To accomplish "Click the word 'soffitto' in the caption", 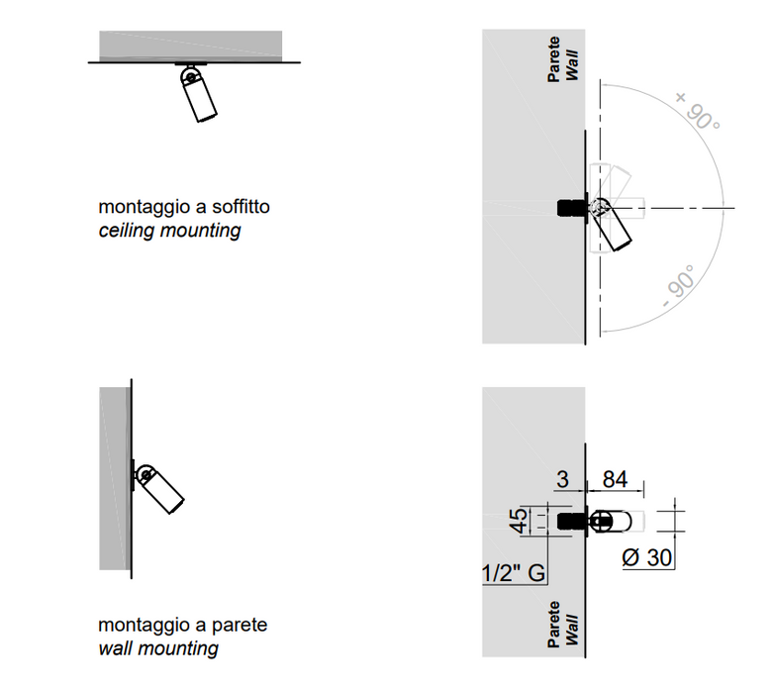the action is [241, 206].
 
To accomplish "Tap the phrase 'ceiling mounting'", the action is [170, 231].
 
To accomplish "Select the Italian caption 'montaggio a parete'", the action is [183, 625].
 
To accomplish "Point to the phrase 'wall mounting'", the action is [158, 648].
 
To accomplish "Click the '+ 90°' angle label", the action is [698, 111].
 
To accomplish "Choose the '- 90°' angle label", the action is [679, 286].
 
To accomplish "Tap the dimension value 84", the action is [615, 479].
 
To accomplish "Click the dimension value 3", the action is [562, 479].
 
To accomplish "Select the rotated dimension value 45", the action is [519, 521].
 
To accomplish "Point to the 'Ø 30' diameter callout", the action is [646, 558].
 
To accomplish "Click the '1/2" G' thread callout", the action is [514, 573].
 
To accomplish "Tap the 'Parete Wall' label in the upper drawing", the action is [563, 58].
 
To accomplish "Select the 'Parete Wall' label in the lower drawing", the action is [563, 624].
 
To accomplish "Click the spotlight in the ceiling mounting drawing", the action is [198, 94].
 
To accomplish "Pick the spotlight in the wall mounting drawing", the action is [159, 489].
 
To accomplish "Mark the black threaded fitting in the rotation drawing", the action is [572, 208].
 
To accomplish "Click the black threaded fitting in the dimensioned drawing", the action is [572, 522].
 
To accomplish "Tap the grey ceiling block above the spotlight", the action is [191, 46].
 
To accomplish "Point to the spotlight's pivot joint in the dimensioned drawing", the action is [600, 522].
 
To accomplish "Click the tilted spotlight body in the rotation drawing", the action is [614, 226].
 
